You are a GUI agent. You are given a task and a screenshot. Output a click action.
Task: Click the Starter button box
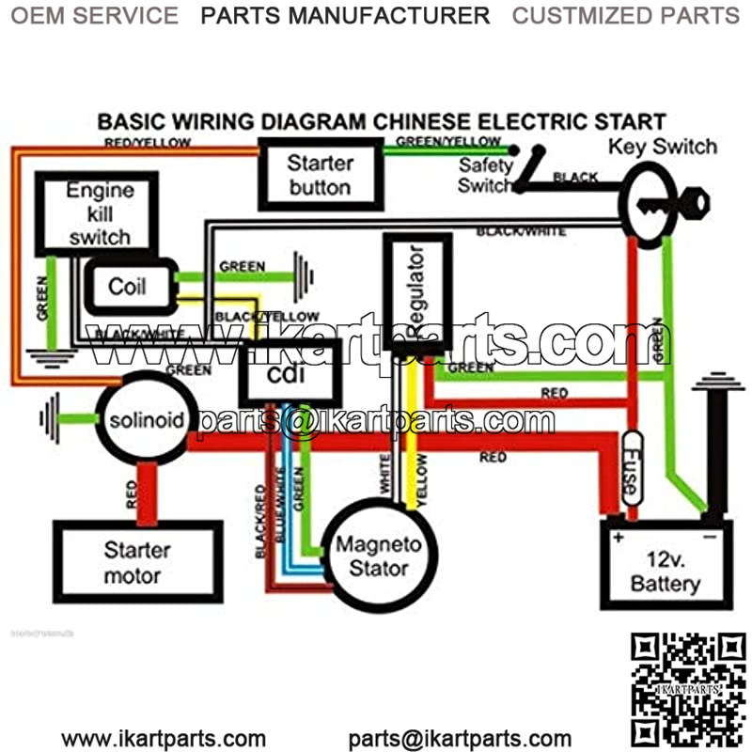point(320,174)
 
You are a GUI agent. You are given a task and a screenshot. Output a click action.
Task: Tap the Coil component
point(129,285)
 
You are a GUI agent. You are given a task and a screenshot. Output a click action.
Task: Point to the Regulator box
point(417,290)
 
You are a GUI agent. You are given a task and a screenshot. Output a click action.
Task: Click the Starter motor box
point(137,561)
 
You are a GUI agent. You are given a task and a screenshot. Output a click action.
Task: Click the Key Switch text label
point(662,147)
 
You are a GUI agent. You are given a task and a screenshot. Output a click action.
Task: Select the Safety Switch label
point(485,175)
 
